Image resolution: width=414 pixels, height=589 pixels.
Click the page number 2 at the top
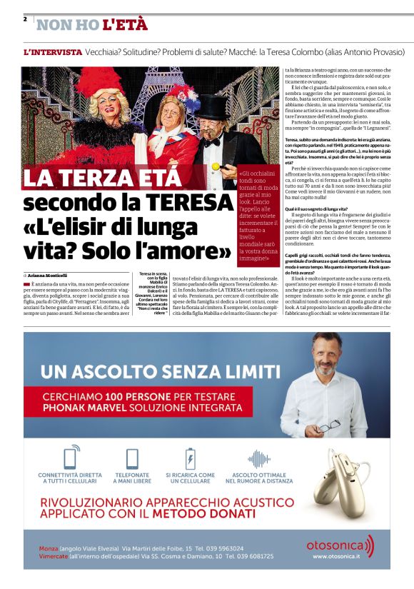click(25, 19)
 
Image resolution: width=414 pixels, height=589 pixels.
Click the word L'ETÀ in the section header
click(126, 26)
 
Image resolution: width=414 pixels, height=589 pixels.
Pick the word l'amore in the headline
click(191, 252)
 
